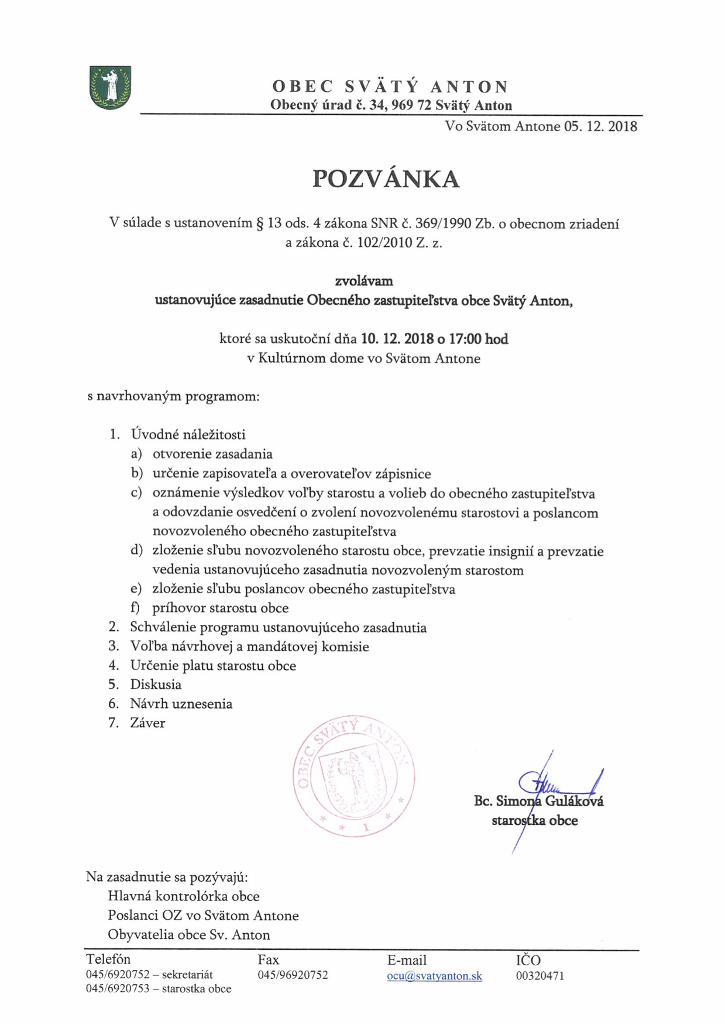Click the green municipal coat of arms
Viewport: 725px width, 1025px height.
click(110, 87)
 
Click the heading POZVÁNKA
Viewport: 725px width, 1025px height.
click(386, 179)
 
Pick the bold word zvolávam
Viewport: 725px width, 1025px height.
click(363, 281)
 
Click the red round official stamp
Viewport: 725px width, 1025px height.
click(353, 775)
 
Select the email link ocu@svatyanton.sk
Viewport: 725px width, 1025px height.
click(434, 976)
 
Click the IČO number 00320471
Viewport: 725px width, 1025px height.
click(540, 976)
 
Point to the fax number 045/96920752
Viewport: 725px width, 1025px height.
click(293, 975)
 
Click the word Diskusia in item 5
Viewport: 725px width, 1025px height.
click(156, 685)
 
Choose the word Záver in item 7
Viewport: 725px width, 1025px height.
click(147, 723)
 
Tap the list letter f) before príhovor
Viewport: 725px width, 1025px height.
click(136, 608)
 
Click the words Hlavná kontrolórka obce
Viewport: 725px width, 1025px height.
click(183, 896)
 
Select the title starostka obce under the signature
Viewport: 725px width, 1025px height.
click(534, 820)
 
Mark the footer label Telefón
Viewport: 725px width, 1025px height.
click(108, 959)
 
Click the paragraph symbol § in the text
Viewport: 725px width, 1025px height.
click(260, 223)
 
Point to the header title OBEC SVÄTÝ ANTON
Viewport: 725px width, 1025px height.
click(390, 87)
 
